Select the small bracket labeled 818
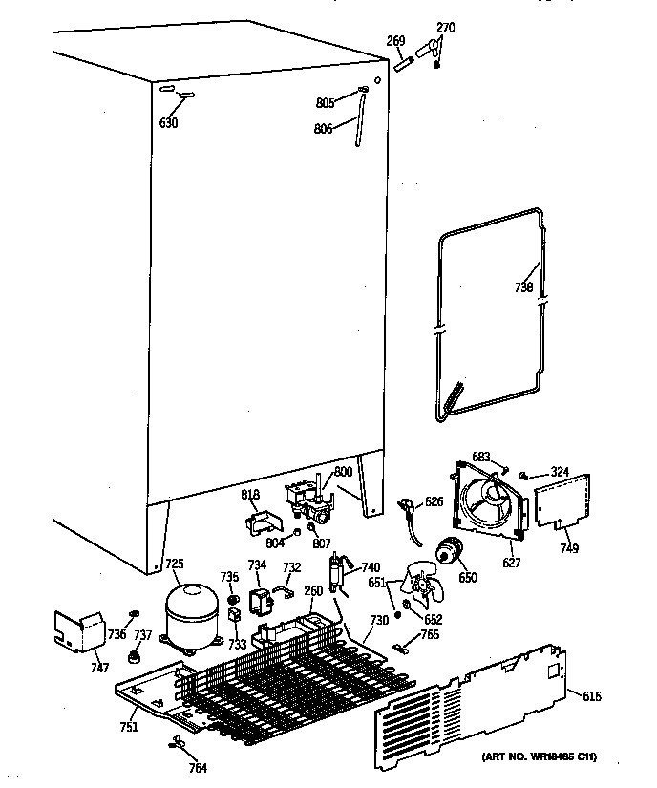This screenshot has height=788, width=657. pyautogui.click(x=257, y=522)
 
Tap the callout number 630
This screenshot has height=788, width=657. pyautogui.click(x=169, y=121)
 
